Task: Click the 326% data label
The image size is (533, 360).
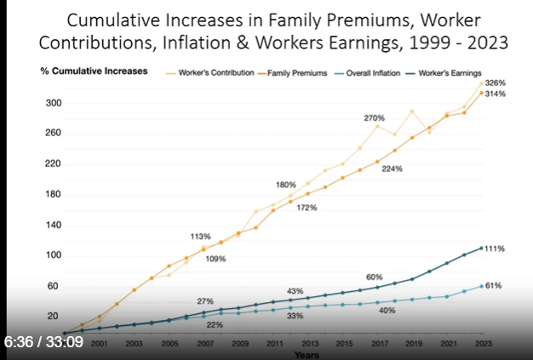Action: point(496,83)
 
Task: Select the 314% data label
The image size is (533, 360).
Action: point(496,94)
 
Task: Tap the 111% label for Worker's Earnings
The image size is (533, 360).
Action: point(496,249)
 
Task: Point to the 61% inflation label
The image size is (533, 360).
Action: point(493,286)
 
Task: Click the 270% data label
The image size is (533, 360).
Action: point(375,117)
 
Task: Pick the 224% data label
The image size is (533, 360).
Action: point(392,169)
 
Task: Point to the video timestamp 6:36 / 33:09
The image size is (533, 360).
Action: point(44,342)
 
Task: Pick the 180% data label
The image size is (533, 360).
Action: point(286,185)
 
